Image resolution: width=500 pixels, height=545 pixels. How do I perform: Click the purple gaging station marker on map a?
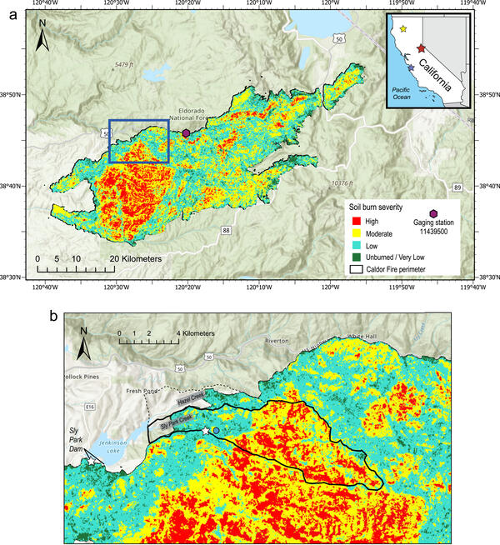[x=186, y=132]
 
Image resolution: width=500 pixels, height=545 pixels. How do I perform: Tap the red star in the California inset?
[x=422, y=50]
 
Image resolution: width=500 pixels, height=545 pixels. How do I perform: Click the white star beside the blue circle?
[x=206, y=431]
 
